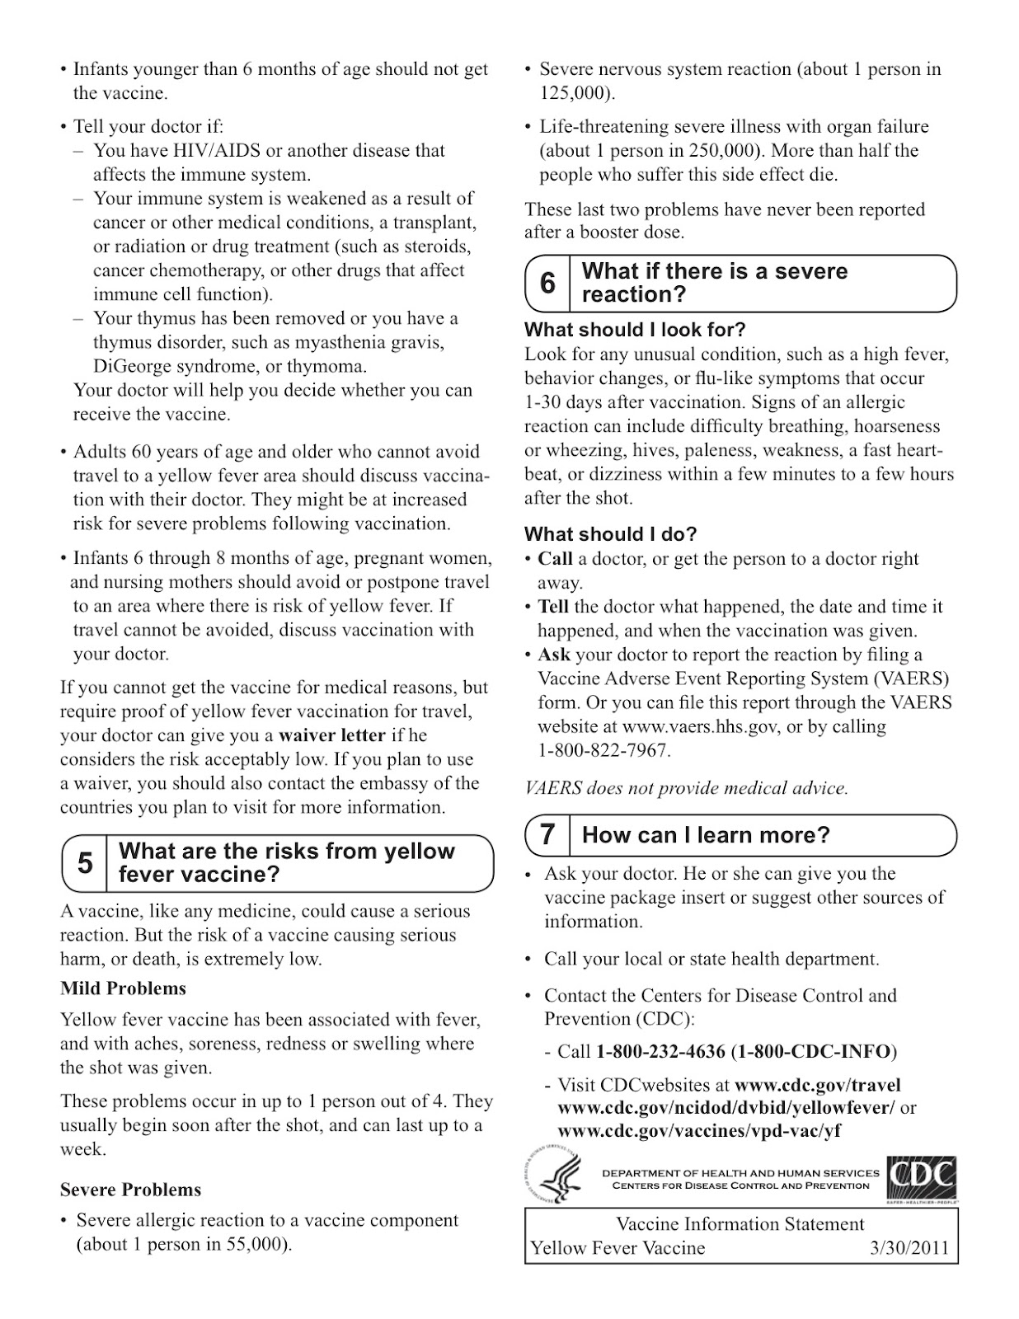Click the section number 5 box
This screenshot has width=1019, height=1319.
click(x=85, y=863)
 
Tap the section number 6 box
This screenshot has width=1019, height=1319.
click(x=547, y=284)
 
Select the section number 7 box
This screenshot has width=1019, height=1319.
click(x=547, y=835)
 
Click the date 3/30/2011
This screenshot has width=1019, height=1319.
click(x=909, y=1248)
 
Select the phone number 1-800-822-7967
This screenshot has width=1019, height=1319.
click(x=603, y=751)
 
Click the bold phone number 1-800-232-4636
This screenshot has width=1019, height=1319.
click(x=660, y=1052)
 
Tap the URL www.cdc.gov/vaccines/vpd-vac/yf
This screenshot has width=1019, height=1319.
click(x=699, y=1130)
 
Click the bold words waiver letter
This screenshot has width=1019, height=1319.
click(x=332, y=735)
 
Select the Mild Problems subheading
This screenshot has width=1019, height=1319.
click(x=123, y=988)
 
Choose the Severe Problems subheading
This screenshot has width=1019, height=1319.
click(x=130, y=1190)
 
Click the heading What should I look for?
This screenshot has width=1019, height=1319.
click(x=635, y=330)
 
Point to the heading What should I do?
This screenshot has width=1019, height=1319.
click(x=610, y=534)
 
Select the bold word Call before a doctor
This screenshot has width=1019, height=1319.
click(x=555, y=559)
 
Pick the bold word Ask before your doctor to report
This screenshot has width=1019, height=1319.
click(x=554, y=655)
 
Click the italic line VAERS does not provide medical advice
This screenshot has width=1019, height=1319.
click(x=686, y=788)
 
